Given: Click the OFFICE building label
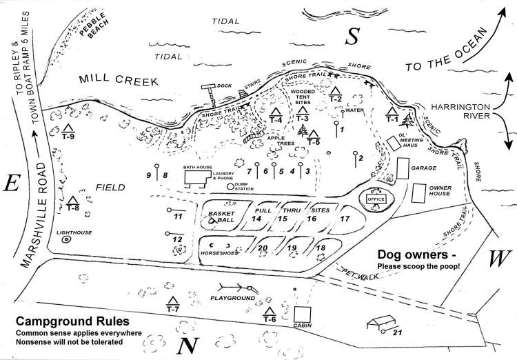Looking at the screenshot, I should click(376, 199).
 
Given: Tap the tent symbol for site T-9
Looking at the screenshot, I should click(68, 128).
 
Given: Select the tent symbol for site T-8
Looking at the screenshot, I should click(73, 199).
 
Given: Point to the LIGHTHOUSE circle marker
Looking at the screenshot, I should click(66, 241).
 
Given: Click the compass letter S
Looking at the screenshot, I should click(352, 38).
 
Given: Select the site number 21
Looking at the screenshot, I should click(396, 334).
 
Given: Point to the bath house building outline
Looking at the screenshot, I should click(197, 178).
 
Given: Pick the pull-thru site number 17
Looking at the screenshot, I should click(345, 219).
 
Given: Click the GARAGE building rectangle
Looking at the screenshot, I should click(403, 168).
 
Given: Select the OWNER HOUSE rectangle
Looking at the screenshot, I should click(418, 193).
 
